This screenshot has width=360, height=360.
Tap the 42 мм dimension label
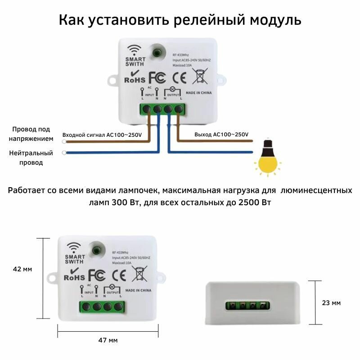[22, 269]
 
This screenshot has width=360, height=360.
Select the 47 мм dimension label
[108, 340]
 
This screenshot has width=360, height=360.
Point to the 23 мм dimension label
[332, 303]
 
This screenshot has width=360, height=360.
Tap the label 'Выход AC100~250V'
[221, 135]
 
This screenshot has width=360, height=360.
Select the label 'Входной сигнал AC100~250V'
[102, 135]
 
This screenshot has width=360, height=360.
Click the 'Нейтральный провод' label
[31, 157]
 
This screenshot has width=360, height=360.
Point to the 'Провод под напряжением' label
[31, 134]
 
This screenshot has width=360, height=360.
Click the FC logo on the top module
[157, 77]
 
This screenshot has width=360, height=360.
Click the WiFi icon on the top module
[134, 50]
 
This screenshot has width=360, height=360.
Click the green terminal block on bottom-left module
[102, 308]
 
